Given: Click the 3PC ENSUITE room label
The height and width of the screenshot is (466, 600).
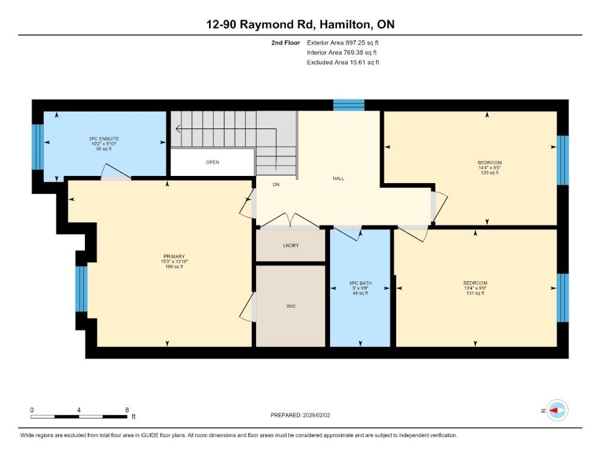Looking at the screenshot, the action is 104,138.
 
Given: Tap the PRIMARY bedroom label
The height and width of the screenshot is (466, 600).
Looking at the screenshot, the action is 174,257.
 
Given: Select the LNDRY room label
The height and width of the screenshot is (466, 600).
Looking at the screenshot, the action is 291,245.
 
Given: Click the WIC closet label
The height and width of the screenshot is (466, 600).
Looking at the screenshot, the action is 291,306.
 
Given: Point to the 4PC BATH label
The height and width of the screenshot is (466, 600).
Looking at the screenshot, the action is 361,284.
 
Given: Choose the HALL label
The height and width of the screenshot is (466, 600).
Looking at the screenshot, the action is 338,178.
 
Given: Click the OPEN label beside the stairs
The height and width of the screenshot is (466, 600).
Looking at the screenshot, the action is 212,162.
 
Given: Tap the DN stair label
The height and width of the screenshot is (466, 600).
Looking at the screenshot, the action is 276,185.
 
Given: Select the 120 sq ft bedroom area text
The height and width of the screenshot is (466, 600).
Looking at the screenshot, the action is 490,173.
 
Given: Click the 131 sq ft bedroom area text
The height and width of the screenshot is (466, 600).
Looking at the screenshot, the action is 475,293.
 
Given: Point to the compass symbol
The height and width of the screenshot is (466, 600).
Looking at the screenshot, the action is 557,411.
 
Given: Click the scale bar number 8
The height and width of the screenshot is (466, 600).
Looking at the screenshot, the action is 127,410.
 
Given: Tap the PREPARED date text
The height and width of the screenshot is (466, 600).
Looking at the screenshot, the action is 301,415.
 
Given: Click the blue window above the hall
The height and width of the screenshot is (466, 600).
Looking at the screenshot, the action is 349,105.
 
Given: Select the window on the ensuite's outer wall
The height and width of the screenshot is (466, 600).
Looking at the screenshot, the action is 37,147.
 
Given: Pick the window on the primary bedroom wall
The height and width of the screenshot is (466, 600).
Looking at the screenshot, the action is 81,289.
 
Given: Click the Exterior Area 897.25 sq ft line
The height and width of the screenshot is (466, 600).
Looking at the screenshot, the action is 342,43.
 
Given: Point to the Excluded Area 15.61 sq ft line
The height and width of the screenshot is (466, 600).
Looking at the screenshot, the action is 343,62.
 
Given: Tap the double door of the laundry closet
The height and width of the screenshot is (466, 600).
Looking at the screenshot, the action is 291,221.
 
